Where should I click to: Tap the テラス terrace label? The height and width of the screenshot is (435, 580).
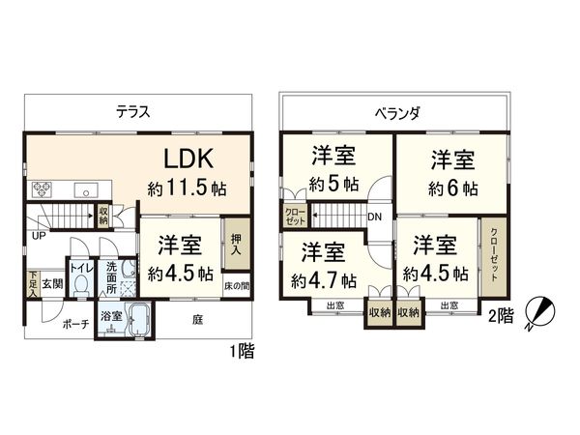pos(131,111)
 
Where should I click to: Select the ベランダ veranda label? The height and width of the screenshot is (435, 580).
pos(397,112)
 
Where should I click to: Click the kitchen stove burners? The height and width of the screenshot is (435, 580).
pos(42,188)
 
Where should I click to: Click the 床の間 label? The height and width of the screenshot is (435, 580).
pos(237,286)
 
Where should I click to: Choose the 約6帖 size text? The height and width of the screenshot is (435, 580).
pos(450,186)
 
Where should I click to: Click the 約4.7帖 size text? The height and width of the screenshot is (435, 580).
pos(324,280)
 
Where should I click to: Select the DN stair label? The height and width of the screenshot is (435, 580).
pos(373,217)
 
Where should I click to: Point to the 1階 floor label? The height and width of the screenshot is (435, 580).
pos(244,351)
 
